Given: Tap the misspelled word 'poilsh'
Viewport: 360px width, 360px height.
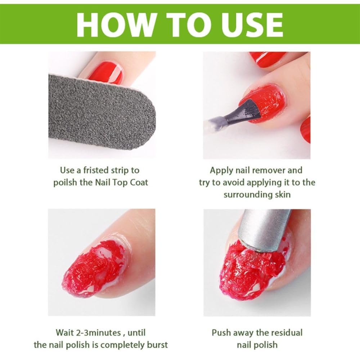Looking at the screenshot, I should [x=66, y=182].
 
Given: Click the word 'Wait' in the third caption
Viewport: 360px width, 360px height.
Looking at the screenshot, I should [x=65, y=332].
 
